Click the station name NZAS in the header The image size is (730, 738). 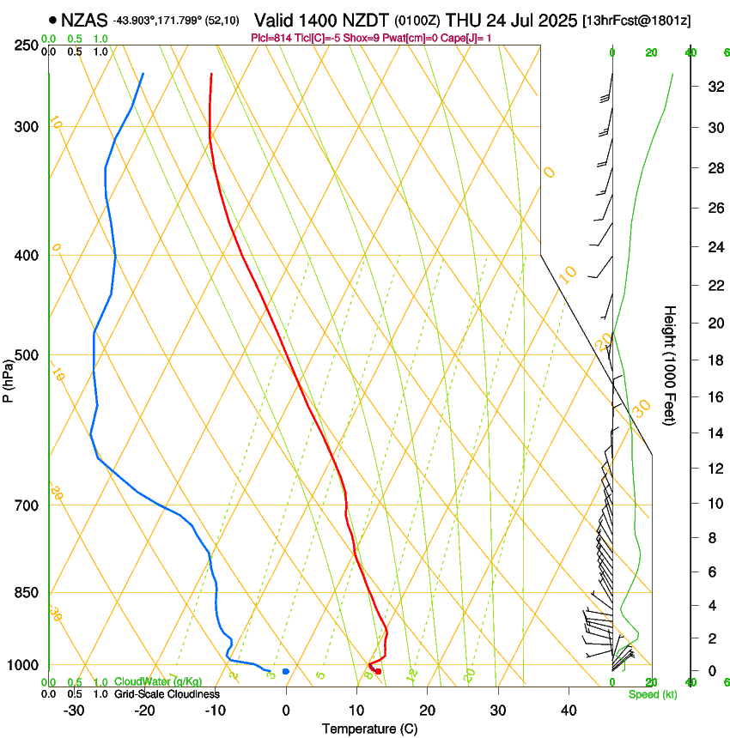[x=84, y=19]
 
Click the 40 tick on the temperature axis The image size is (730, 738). [x=569, y=710]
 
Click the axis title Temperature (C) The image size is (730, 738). [x=369, y=729]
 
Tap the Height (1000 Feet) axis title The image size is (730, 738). [x=671, y=366]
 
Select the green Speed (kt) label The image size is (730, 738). [x=652, y=693]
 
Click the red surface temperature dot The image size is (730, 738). [x=378, y=671]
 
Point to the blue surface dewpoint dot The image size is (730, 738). [x=286, y=671]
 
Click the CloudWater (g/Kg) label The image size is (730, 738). [x=158, y=681]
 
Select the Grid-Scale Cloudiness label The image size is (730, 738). [x=166, y=693]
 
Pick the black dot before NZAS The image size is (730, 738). [x=53, y=19]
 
